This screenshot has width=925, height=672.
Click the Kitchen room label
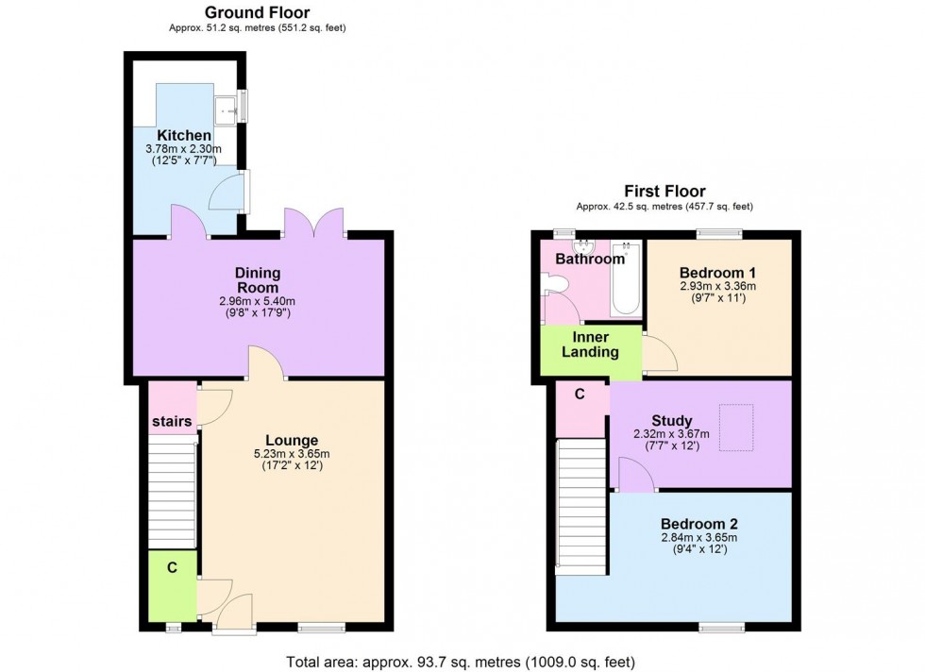pos(184,136)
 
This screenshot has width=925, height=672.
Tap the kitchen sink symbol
pos(227,109)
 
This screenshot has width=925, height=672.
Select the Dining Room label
pos(258,280)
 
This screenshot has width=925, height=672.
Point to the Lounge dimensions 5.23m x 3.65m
pos(292,454)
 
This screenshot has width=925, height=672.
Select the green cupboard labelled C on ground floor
pos(172,567)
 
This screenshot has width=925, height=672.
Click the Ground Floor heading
pos(258,12)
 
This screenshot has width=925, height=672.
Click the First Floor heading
pos(665,192)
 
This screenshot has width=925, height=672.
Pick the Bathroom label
pos(589,259)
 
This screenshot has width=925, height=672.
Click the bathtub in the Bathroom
pos(627,278)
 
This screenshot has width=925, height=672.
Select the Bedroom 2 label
pos(698,525)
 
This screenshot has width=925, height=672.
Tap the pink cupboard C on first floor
pos(579,395)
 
